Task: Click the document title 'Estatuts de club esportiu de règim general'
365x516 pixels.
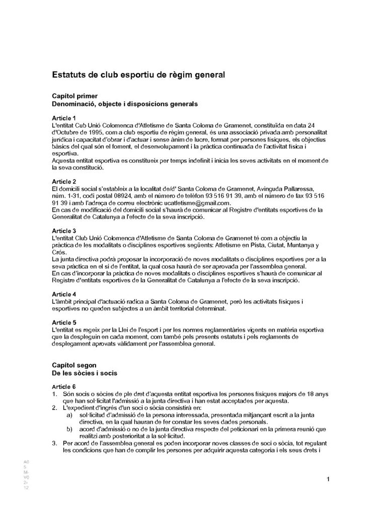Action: tap(138, 75)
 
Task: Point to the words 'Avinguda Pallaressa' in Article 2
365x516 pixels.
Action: tap(282, 188)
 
